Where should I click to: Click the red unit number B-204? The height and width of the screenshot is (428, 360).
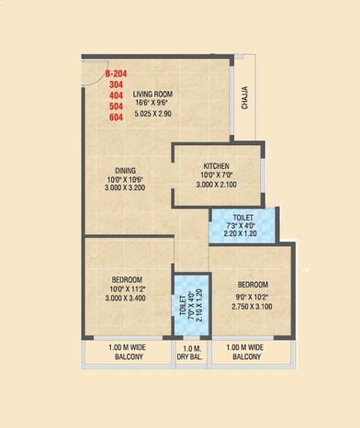pos(117,72)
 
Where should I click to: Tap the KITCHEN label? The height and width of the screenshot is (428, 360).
pos(217,166)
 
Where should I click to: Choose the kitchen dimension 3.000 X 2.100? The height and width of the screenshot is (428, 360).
pos(218,185)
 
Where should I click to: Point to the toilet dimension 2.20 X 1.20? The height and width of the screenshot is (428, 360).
pos(242,235)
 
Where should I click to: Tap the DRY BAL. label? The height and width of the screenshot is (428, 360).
pos(192,355)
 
